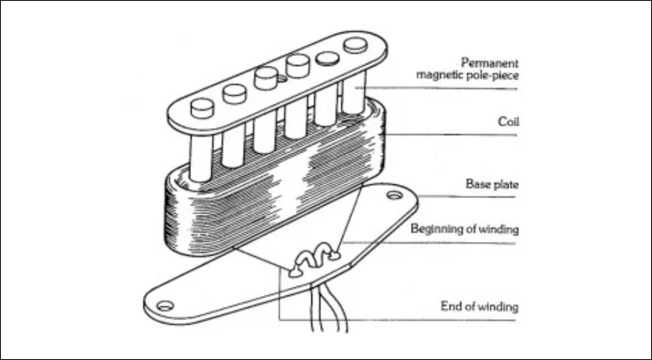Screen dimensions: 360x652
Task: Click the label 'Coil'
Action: [x=508, y=122]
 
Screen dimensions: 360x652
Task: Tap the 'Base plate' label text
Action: [x=492, y=184]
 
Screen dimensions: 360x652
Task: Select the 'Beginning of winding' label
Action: [x=464, y=229]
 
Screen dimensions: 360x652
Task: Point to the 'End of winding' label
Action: [x=479, y=307]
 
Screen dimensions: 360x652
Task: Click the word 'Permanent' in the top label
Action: [x=489, y=63]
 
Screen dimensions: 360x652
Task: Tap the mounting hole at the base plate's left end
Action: [x=165, y=306]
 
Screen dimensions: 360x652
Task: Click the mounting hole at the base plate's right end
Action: [x=393, y=196]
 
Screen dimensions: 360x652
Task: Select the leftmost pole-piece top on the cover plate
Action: [x=202, y=107]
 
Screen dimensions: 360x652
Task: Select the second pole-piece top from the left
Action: [x=234, y=93]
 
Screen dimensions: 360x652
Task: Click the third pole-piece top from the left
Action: [x=266, y=78]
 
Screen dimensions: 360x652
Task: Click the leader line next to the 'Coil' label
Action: [x=450, y=135]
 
